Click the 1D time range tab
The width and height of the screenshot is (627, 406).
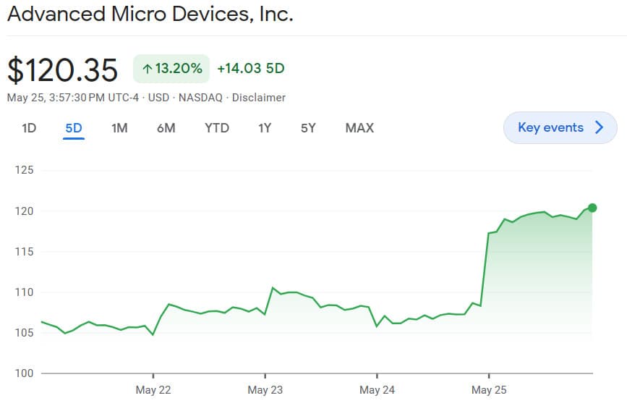click(x=29, y=128)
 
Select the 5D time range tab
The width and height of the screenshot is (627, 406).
click(x=74, y=128)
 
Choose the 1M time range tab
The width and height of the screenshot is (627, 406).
click(x=119, y=128)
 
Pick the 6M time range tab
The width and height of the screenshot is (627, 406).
click(x=166, y=128)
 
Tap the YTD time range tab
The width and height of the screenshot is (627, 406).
click(x=216, y=128)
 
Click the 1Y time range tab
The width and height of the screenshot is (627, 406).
click(x=265, y=128)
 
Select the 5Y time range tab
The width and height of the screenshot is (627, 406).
click(x=309, y=128)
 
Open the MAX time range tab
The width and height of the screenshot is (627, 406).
click(x=359, y=128)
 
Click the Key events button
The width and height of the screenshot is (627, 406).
click(x=560, y=128)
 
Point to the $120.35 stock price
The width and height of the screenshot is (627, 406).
click(x=62, y=69)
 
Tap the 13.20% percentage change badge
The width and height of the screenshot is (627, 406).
click(x=171, y=69)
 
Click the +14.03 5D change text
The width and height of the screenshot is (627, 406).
click(x=250, y=69)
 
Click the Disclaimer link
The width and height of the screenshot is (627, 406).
click(x=258, y=98)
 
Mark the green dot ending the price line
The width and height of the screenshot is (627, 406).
click(x=592, y=208)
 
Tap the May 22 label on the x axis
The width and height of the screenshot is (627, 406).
click(x=153, y=390)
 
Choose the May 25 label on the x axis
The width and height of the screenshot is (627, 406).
click(x=489, y=390)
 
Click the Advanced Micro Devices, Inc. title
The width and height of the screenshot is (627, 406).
click(x=150, y=14)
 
